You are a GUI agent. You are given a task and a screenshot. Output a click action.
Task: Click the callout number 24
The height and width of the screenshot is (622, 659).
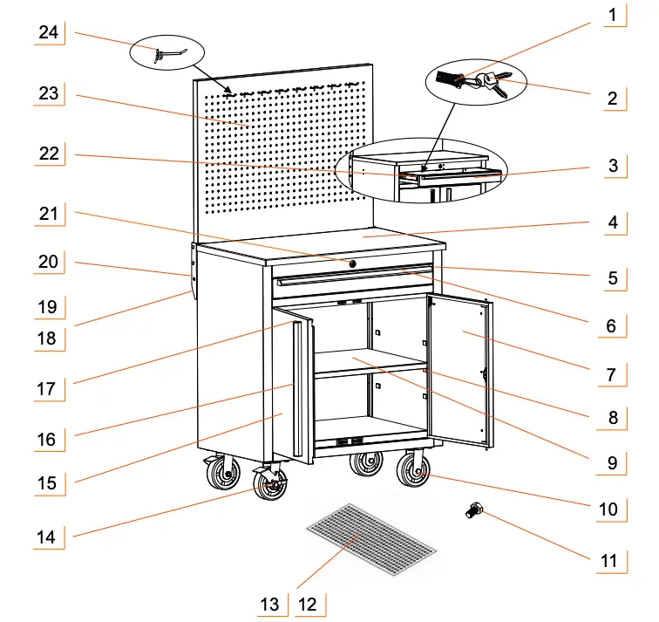(x=49, y=32)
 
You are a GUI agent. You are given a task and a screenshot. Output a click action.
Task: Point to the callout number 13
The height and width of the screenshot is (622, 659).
(x=270, y=604)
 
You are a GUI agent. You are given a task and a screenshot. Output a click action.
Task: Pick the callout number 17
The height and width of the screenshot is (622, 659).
(x=47, y=390)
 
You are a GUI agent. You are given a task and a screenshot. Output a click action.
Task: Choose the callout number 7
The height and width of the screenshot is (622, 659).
(x=612, y=375)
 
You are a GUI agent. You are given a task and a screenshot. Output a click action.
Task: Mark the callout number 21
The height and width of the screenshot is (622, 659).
(x=47, y=213)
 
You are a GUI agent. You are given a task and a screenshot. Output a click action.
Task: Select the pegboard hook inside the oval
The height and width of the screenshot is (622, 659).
(x=166, y=55)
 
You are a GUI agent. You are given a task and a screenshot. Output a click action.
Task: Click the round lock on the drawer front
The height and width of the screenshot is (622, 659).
(x=353, y=263)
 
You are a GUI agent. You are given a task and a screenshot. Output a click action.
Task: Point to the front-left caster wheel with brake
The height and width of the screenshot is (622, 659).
(x=270, y=483)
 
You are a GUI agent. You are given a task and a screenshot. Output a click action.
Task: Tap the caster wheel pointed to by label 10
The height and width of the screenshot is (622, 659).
(x=412, y=472)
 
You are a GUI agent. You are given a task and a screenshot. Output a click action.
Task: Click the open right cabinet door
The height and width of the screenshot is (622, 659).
(x=458, y=371)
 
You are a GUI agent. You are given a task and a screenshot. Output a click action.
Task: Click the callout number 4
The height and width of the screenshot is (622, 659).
(x=612, y=222)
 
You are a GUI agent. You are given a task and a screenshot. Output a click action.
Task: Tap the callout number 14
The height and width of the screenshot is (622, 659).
(x=47, y=537)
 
